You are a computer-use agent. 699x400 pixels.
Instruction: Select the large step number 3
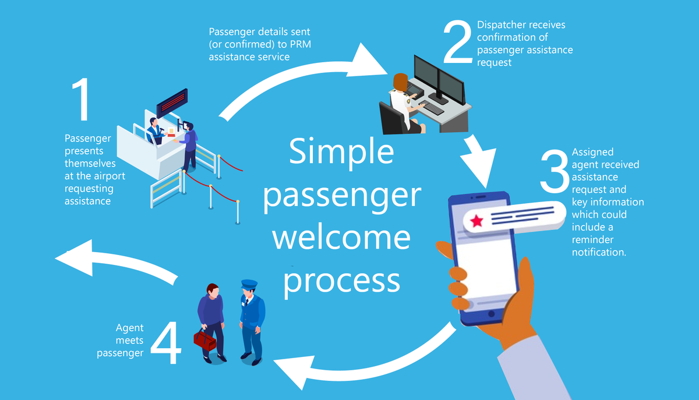[554, 172]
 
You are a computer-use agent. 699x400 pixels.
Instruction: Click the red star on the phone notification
[477, 221]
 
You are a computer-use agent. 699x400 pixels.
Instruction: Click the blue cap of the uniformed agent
[249, 285]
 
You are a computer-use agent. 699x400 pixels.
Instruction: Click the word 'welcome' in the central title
[342, 238]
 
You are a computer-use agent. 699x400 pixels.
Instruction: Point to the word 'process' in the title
[342, 280]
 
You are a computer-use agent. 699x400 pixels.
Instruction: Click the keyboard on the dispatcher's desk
[432, 108]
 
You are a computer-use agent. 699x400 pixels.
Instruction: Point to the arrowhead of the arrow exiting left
[73, 257]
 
